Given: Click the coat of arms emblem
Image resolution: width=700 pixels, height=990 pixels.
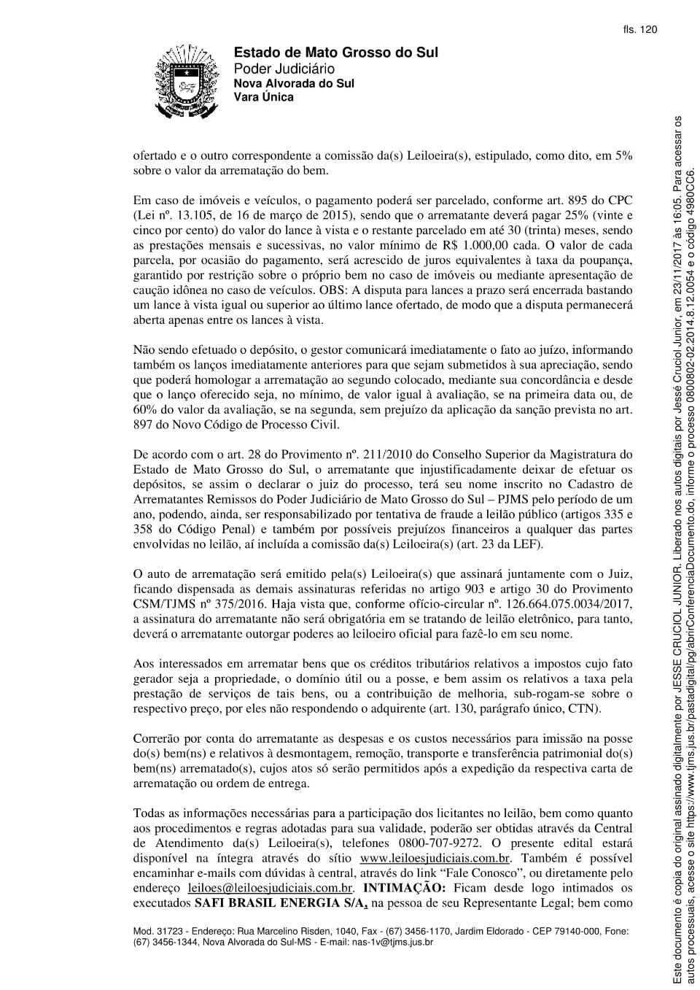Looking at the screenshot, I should click(x=186, y=81).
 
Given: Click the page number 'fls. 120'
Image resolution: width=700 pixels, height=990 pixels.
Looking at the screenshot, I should click(x=639, y=30).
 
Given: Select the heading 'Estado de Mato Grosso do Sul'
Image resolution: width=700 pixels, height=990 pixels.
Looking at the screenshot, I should click(x=335, y=53).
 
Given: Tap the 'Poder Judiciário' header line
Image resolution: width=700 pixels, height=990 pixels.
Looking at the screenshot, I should click(x=284, y=69).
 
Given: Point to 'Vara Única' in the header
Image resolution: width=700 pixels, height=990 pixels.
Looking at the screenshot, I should click(x=263, y=97).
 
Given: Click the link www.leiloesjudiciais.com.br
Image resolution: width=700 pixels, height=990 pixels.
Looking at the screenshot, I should click(x=435, y=858).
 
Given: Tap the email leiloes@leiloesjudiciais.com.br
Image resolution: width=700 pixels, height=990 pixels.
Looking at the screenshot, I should click(x=271, y=888).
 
